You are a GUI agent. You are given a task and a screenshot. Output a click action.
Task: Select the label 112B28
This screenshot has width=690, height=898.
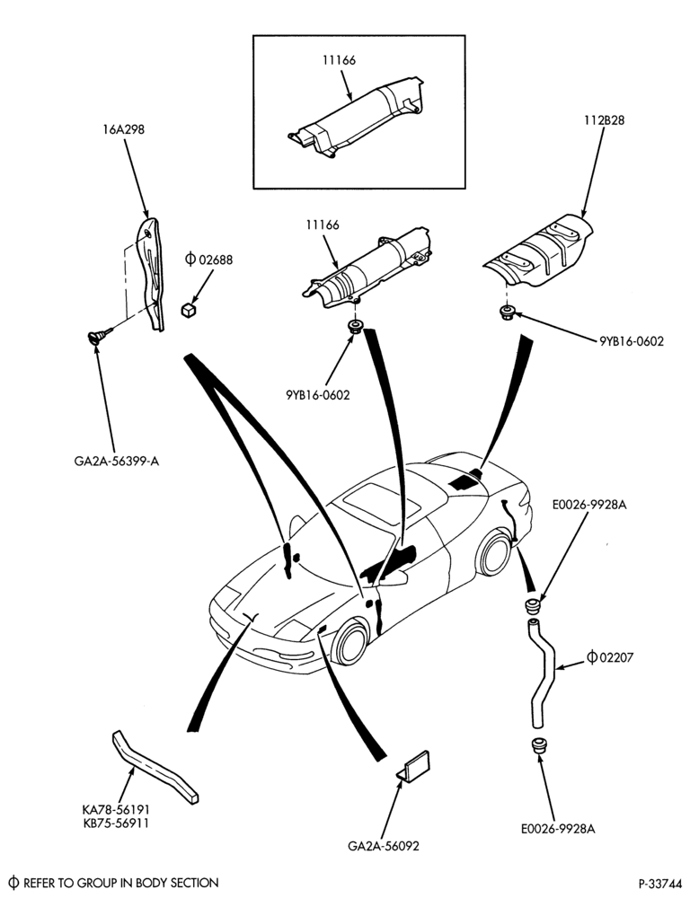tap(604, 120)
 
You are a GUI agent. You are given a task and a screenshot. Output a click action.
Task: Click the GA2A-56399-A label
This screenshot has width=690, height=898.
tap(116, 461)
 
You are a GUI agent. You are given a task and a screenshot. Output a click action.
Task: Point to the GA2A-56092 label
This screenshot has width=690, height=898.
tap(384, 845)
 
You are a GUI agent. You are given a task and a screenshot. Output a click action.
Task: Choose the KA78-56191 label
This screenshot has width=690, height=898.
tap(117, 810)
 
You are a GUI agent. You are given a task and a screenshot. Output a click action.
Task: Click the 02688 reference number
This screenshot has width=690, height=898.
tap(216, 260)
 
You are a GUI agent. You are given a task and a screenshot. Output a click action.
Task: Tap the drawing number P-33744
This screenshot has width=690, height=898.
tap(660, 883)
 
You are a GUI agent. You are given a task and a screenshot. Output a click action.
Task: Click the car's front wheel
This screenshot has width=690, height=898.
tap(349, 643)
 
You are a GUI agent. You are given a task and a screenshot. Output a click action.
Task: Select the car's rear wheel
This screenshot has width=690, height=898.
tap(494, 553)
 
